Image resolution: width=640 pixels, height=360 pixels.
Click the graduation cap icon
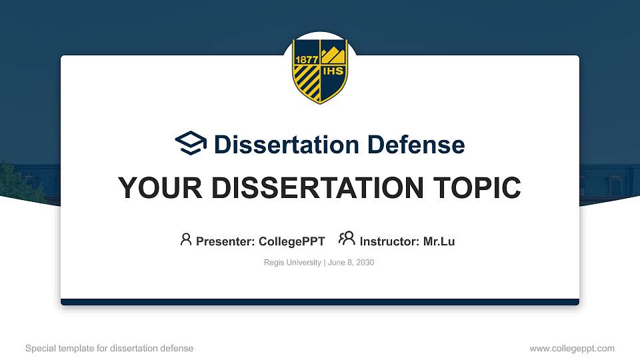click(x=191, y=143)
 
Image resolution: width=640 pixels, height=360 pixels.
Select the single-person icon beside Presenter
click(x=186, y=239)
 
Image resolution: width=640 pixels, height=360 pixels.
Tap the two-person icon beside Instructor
click(x=347, y=239)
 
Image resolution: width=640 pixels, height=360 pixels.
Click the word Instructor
click(x=389, y=241)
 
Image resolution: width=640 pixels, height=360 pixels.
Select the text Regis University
click(x=293, y=263)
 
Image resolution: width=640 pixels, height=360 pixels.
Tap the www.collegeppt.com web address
click(x=572, y=348)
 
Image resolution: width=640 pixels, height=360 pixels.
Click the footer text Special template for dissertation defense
click(x=109, y=348)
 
